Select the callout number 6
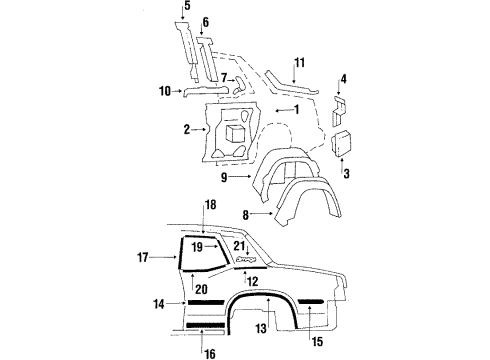click(205, 22)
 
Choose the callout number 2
click(186, 129)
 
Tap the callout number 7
click(227, 77)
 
